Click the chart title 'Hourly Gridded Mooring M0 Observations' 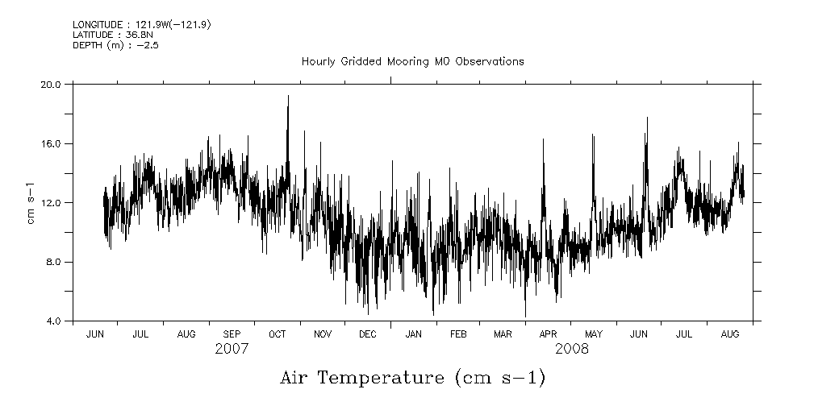click(x=412, y=61)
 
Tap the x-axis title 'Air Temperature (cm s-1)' click(x=412, y=377)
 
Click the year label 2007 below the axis click(x=232, y=349)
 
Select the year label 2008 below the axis click(x=571, y=349)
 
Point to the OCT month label click(x=277, y=333)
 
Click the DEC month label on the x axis click(x=368, y=333)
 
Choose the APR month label click(x=549, y=333)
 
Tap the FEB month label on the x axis click(x=458, y=333)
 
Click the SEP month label click(x=232, y=333)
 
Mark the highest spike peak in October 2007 click(x=288, y=96)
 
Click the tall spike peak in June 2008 click(x=646, y=118)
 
